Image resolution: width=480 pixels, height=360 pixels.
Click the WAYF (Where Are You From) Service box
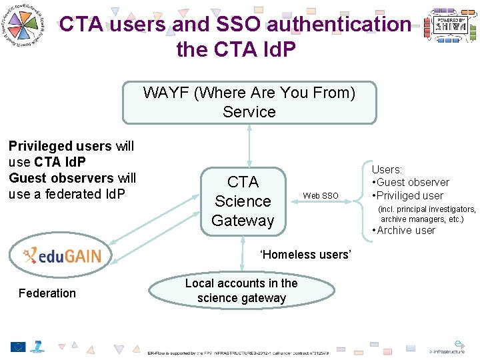pyautogui.click(x=249, y=103)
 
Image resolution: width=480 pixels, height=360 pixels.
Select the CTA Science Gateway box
pyautogui.click(x=243, y=201)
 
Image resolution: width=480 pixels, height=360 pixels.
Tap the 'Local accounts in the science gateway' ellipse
pyautogui.click(x=241, y=291)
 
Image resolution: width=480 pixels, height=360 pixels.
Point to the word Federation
pyautogui.click(x=47, y=293)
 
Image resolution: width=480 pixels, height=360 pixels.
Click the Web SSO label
pyautogui.click(x=321, y=195)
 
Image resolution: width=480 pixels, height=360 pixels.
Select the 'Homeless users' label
pyautogui.click(x=305, y=254)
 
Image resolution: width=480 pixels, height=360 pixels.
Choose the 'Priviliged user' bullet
pyautogui.click(x=410, y=195)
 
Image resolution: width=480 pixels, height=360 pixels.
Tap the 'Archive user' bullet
pyautogui.click(x=405, y=231)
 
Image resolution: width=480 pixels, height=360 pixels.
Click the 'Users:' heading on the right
pyautogui.click(x=387, y=170)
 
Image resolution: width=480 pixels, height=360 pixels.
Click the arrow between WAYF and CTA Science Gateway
pyautogui.click(x=249, y=145)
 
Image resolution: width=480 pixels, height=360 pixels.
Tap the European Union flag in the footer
pyautogui.click(x=18, y=347)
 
